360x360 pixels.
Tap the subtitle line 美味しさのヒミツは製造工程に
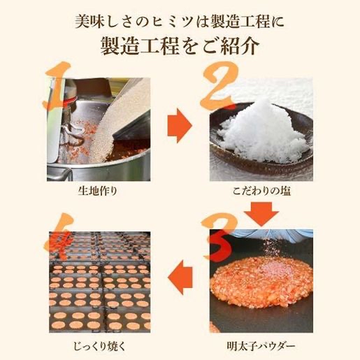(x=180, y=19)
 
